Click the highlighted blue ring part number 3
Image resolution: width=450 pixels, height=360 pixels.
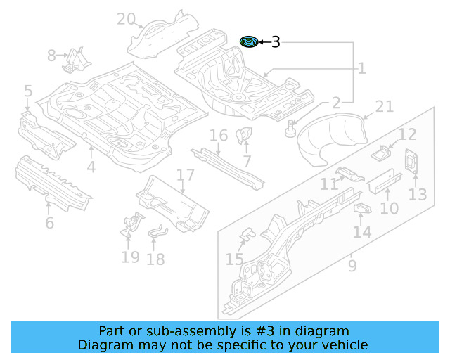click(249, 42)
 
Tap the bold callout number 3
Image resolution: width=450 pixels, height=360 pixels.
click(276, 43)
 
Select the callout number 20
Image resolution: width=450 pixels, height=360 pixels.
click(126, 19)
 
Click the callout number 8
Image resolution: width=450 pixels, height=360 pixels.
click(51, 55)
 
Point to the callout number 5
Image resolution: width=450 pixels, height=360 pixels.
click(28, 91)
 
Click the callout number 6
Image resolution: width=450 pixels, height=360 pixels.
click(49, 224)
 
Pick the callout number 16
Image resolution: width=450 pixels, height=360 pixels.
click(219, 135)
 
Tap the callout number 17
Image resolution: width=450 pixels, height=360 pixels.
click(185, 175)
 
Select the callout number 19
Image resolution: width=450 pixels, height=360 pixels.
click(130, 257)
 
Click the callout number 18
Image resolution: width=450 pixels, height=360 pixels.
click(155, 259)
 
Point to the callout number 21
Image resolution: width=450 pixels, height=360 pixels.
click(384, 106)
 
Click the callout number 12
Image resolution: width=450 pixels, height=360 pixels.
click(407, 134)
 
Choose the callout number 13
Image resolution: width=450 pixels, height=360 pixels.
click(418, 194)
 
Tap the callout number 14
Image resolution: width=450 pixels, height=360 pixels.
click(362, 231)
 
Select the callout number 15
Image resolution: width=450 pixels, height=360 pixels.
click(234, 260)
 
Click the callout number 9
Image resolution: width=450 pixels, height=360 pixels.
click(352, 266)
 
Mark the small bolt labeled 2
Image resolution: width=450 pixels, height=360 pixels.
click(289, 129)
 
